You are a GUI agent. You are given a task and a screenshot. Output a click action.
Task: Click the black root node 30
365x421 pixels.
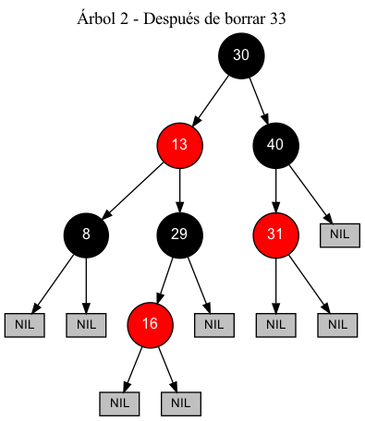point(241,55)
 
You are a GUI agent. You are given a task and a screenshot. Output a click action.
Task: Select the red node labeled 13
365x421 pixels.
point(179,144)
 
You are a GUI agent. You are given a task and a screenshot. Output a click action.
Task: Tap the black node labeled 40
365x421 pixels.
point(275,144)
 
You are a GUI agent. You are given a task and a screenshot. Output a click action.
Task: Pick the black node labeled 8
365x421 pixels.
point(86,234)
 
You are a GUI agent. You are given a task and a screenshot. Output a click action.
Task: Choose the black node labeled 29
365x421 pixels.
point(179,234)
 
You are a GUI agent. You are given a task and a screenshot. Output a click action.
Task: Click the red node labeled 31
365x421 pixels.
point(275,234)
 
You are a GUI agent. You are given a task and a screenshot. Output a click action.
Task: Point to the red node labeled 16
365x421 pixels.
point(151,323)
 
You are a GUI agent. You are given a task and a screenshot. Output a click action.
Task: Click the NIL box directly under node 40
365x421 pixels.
point(339,234)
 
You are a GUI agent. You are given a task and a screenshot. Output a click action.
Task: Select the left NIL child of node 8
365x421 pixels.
point(25,324)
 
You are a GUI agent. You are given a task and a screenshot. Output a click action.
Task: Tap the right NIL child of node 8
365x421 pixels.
point(86,324)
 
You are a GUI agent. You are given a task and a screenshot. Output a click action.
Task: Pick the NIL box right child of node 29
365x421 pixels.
point(213,324)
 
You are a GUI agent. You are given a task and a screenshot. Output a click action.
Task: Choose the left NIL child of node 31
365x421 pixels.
point(275,324)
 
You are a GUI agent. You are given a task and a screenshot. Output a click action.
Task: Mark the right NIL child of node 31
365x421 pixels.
point(336,324)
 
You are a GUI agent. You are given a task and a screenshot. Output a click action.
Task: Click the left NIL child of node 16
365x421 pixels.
point(119,403)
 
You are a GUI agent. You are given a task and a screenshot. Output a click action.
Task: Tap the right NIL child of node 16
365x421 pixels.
point(181,403)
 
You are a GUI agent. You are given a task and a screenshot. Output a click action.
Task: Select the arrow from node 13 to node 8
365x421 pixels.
point(132,189)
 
